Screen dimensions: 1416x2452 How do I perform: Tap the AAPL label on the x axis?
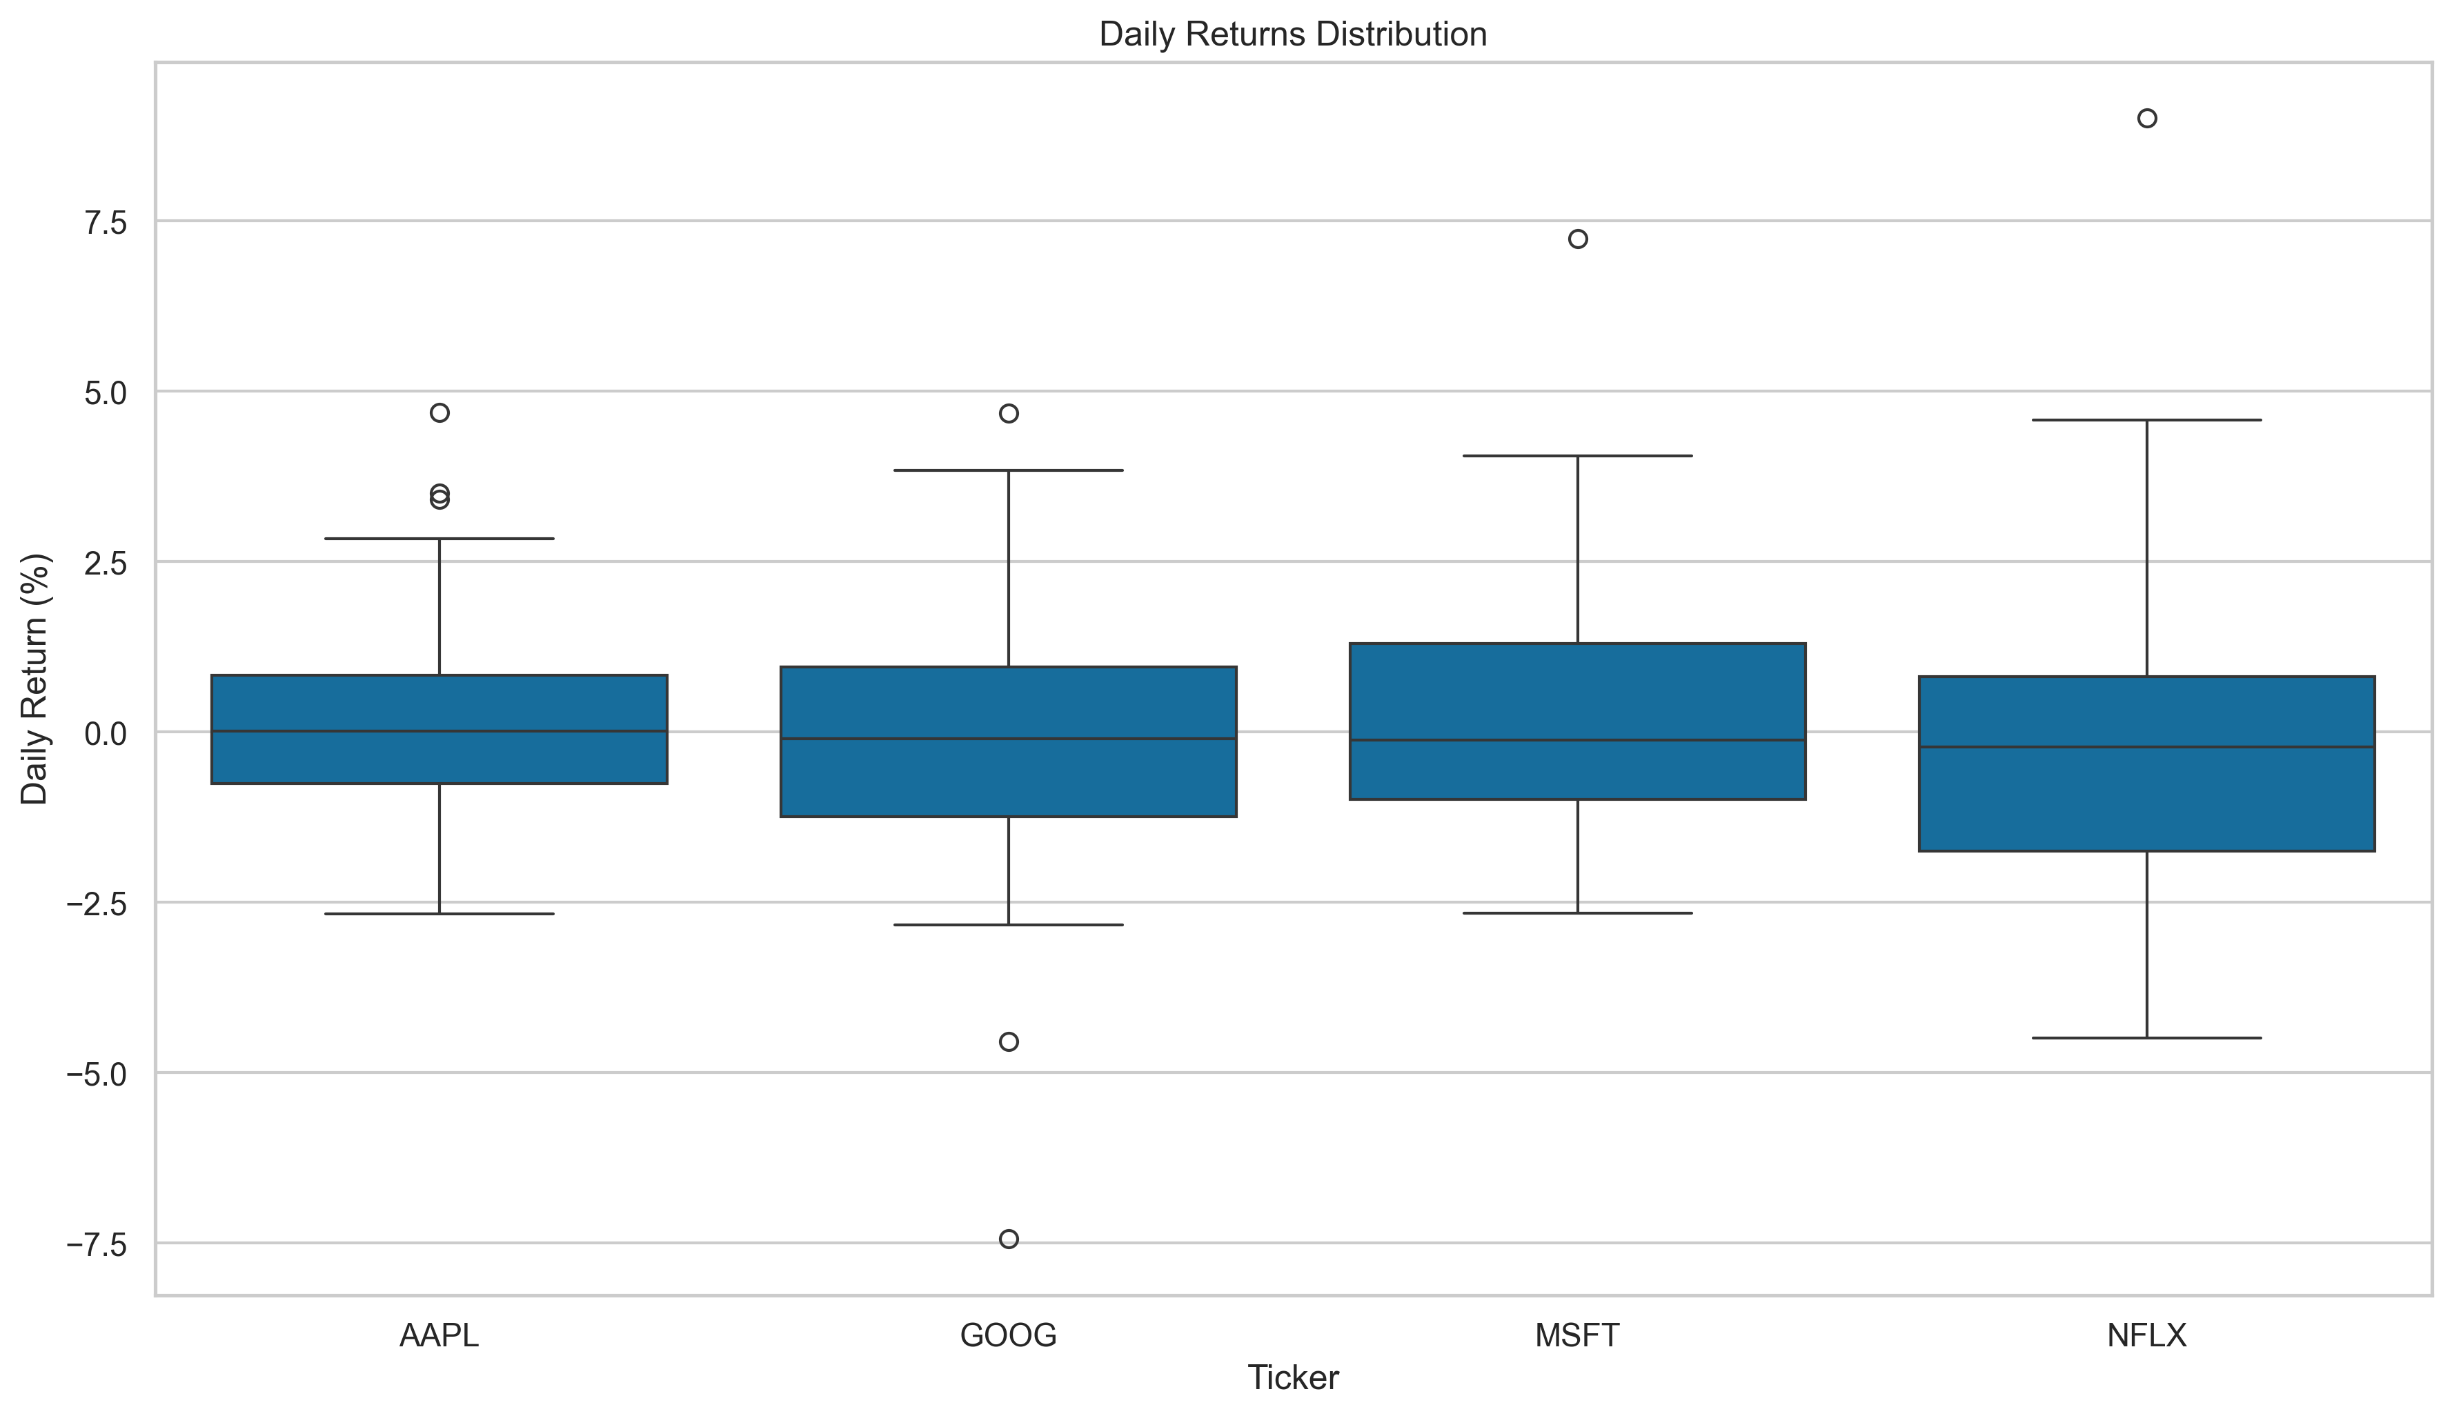point(439,1335)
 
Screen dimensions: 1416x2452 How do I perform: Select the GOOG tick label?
point(1008,1335)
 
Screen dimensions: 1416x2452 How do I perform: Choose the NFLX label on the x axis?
point(2146,1335)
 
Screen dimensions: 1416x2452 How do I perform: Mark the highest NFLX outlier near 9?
point(2146,119)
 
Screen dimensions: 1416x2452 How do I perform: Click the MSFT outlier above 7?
point(1578,239)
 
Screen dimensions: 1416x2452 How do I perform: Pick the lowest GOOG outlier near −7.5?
point(1009,1239)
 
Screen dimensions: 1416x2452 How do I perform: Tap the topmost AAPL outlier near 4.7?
point(439,412)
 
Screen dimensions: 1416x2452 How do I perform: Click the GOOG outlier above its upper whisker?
point(1009,413)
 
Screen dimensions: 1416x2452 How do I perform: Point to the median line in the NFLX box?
point(2146,747)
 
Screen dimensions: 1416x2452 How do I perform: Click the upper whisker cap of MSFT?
point(1578,455)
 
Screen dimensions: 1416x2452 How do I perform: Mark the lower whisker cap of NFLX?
point(2146,1037)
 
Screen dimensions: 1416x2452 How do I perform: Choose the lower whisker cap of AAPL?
point(439,913)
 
